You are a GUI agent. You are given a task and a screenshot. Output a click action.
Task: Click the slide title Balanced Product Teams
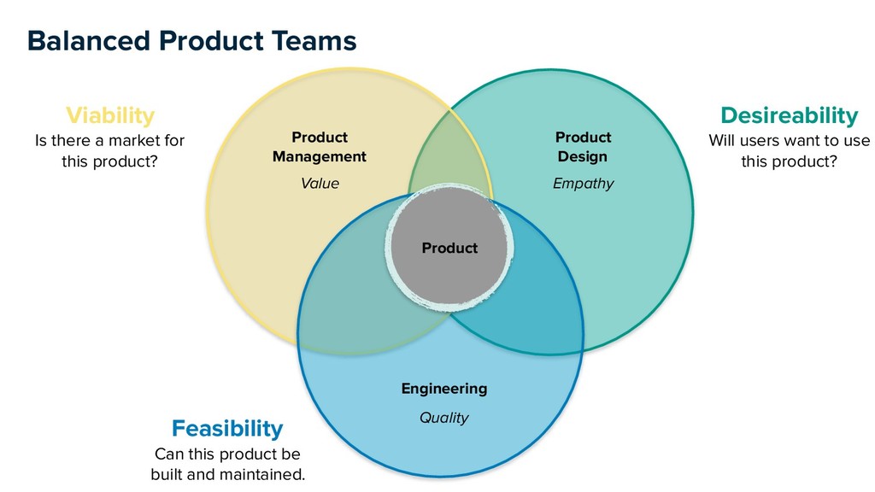click(x=191, y=40)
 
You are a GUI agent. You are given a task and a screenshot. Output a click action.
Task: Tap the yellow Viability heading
click(x=110, y=114)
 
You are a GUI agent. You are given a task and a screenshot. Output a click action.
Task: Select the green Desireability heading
click(x=789, y=114)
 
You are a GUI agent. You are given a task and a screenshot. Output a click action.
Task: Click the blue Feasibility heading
click(x=227, y=427)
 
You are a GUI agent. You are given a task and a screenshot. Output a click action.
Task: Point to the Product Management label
click(x=320, y=147)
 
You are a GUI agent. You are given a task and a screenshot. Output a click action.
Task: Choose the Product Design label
click(x=583, y=147)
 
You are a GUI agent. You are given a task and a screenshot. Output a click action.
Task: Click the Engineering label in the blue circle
click(x=444, y=389)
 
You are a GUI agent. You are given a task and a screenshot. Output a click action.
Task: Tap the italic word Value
click(x=320, y=184)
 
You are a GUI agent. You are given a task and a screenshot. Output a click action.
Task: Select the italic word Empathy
click(x=583, y=184)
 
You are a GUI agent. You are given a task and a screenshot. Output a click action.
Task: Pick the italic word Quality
click(x=444, y=418)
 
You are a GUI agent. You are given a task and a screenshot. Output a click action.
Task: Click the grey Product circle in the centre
click(x=449, y=248)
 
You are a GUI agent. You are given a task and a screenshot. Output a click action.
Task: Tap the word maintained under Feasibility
click(x=261, y=474)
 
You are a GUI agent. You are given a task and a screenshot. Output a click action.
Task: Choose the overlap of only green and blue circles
click(x=547, y=307)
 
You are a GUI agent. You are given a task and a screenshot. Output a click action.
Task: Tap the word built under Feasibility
click(x=170, y=474)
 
